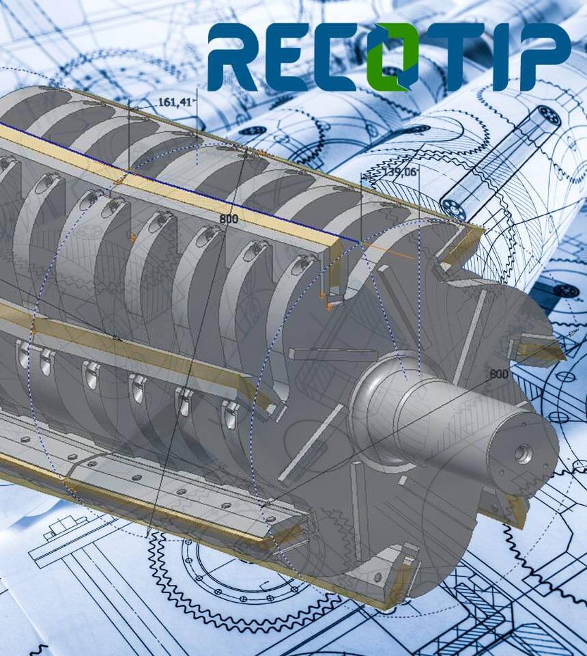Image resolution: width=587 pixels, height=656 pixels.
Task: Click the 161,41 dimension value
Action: (173, 102)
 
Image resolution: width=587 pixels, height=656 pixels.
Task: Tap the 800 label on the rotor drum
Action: (229, 219)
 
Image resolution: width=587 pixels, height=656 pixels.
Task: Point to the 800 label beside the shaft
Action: (499, 374)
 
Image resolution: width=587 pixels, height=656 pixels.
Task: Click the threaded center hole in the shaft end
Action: (524, 453)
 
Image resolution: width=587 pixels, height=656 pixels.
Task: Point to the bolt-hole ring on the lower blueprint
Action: (225, 567)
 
